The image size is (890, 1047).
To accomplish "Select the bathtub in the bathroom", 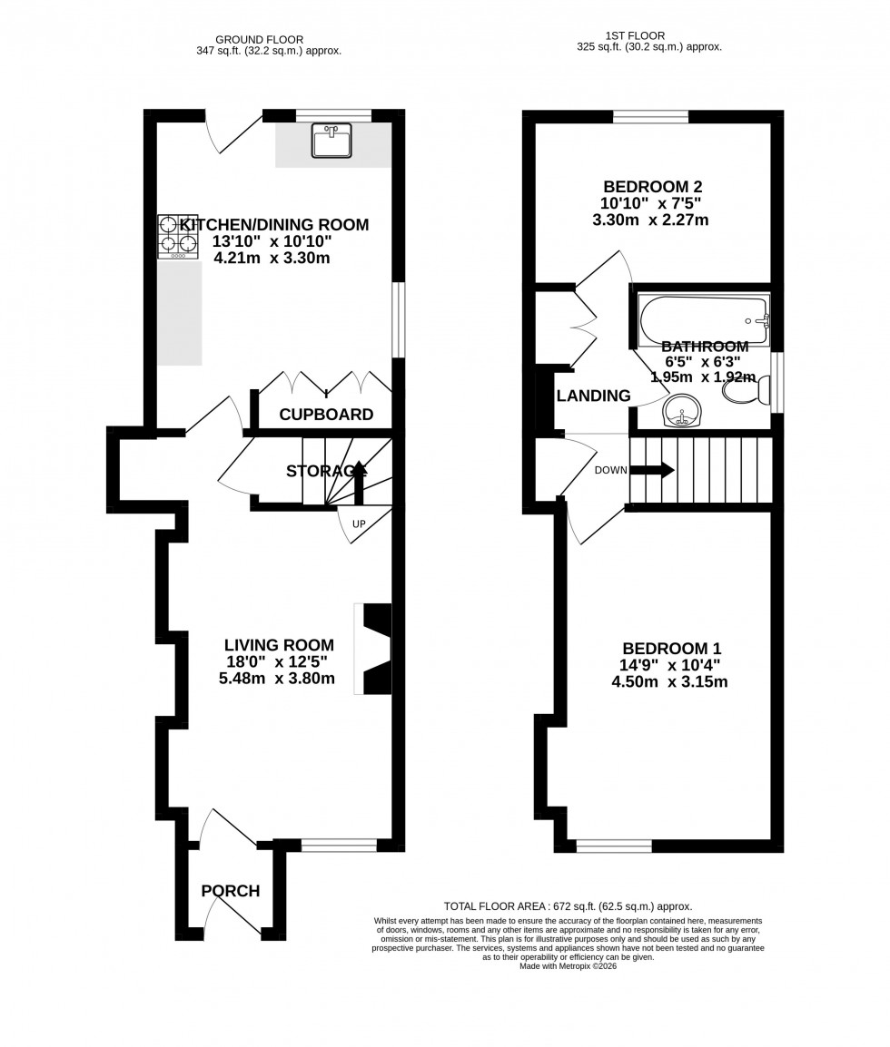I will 704,320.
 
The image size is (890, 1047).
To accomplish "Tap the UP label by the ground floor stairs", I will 358,525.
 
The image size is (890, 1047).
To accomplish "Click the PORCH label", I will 231,891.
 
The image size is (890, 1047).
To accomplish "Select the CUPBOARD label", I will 326,415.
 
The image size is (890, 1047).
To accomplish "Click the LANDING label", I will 593,396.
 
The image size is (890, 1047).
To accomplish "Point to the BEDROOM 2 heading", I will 652,187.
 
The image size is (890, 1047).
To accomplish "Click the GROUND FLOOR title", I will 259,39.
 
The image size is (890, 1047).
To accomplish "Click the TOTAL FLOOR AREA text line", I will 568,905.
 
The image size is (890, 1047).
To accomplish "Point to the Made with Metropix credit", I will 568,966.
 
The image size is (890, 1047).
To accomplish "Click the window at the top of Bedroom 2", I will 650,115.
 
